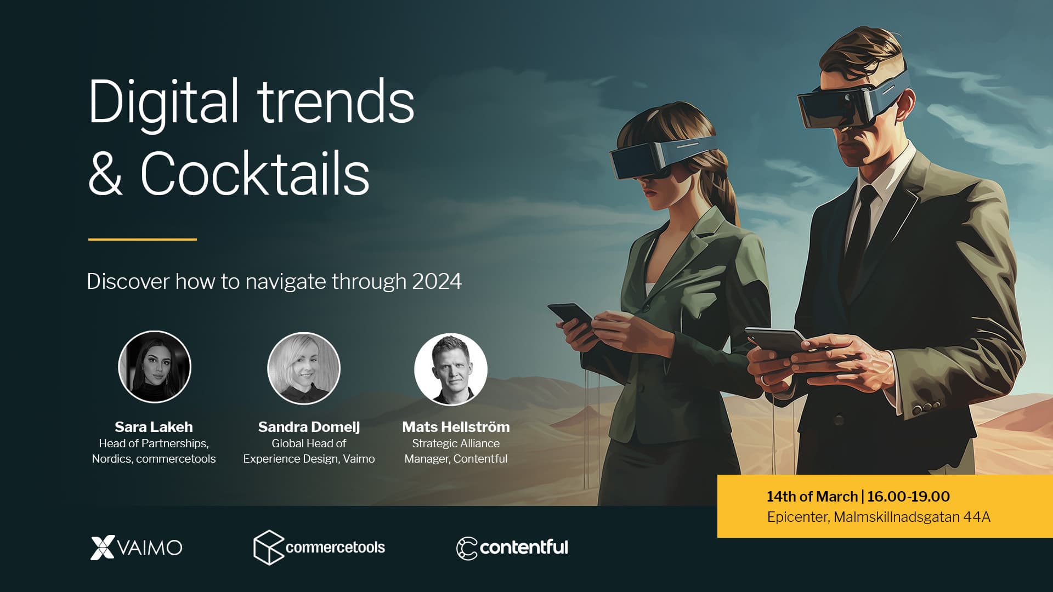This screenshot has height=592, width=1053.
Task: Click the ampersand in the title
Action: pyautogui.click(x=105, y=174)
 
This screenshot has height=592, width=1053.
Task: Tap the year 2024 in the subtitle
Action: pyautogui.click(x=437, y=281)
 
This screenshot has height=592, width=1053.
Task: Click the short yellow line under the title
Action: pyautogui.click(x=142, y=240)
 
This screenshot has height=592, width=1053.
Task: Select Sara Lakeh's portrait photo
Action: pyautogui.click(x=155, y=367)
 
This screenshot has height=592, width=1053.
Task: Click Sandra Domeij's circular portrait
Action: pyautogui.click(x=304, y=368)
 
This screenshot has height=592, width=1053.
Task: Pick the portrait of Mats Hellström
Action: pyautogui.click(x=450, y=369)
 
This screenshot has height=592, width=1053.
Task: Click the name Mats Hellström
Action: pyautogui.click(x=456, y=427)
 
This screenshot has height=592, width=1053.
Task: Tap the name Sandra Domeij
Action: pyautogui.click(x=309, y=427)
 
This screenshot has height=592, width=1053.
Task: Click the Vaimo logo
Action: pyautogui.click(x=136, y=547)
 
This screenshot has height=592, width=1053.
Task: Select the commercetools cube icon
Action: pyautogui.click(x=268, y=547)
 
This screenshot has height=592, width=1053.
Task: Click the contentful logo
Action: pyautogui.click(x=512, y=548)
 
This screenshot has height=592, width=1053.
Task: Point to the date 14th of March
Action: pyautogui.click(x=812, y=497)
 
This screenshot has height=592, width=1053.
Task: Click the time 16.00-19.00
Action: pyautogui.click(x=908, y=497)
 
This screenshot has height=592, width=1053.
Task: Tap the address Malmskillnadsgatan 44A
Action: pyautogui.click(x=912, y=517)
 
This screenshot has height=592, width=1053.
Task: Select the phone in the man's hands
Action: pyautogui.click(x=776, y=340)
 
